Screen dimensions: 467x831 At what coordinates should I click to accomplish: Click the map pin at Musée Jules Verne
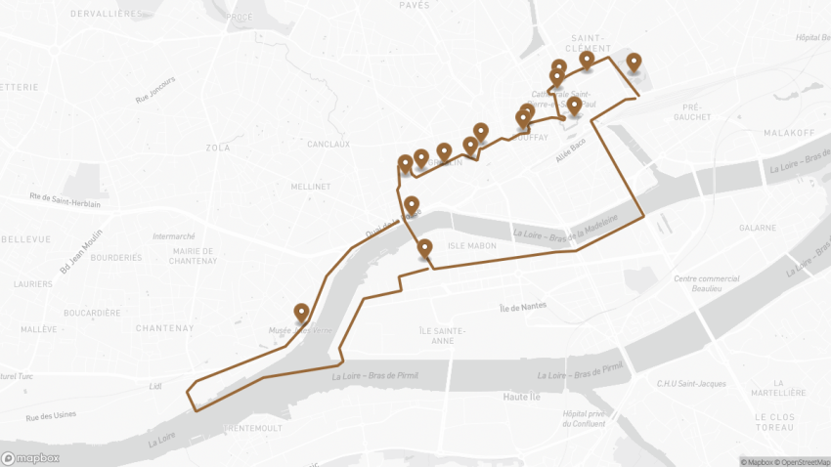coord(302,313)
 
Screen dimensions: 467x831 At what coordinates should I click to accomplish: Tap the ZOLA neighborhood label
coord(218,148)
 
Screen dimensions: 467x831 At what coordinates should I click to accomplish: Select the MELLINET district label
coord(311,186)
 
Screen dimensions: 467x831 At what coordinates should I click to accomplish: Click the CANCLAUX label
coord(328,144)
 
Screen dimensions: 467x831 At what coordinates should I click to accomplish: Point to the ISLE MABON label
coord(466,245)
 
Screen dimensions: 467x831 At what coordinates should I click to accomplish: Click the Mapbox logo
coord(30,457)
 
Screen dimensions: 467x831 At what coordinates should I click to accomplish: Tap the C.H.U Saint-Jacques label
coord(691,383)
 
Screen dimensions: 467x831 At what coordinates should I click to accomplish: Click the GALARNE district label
coord(758,227)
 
